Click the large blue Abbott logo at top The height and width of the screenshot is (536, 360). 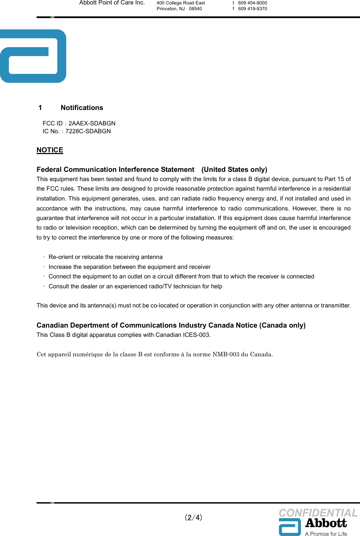point(33,56)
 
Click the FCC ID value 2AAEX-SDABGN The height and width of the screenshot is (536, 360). point(92,123)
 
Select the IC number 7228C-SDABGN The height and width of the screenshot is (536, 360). point(88,131)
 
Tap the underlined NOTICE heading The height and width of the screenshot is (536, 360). point(50,150)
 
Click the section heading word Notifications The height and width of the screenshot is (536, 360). point(82,108)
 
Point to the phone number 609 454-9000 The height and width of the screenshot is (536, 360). point(252,3)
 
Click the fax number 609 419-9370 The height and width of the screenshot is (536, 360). point(252,9)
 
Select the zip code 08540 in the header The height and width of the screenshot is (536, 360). point(195,9)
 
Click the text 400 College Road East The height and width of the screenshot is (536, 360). point(181,3)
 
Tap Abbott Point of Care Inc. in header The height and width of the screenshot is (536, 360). point(112,3)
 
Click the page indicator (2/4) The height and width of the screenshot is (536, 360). point(194,517)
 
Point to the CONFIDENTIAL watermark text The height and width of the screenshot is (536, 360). point(318,513)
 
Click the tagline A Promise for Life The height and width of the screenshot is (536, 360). point(326,534)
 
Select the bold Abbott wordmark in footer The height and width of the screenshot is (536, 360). point(326,523)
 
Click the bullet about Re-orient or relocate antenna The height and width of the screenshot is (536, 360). point(105,257)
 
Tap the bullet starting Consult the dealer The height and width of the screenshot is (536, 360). point(135,286)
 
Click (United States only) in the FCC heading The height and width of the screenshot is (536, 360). point(234,169)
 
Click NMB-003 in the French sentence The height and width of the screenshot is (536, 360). point(226,354)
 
